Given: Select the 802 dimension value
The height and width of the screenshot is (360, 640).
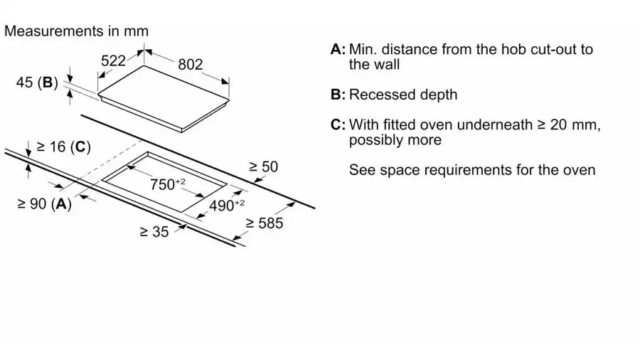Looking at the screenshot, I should coord(190,64).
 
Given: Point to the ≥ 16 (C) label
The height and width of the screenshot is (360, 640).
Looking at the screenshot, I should coord(63,147).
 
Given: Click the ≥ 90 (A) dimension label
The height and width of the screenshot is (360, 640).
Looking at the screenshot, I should coord(45,204).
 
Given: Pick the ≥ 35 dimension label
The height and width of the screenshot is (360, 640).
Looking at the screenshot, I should coord(154,231).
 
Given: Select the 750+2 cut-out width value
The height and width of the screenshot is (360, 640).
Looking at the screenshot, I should coord(167,185).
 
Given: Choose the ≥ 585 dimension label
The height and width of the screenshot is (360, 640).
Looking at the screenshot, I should coord(264,223).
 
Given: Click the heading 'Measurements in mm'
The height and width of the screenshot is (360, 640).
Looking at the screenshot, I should coord(77,31).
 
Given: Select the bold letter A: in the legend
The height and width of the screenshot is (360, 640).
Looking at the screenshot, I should coord(338,50).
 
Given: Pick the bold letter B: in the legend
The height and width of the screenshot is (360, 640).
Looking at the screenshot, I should coord(338,95).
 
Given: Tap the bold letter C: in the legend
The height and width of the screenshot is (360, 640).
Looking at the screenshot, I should coord(338,125).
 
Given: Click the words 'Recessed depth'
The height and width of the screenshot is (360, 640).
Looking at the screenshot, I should coord(403,95).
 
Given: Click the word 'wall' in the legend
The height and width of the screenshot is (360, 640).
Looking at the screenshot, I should coord(387,65).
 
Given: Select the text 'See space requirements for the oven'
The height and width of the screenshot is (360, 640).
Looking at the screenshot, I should coord(472,171).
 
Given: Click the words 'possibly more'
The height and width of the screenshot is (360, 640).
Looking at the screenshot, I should coord(395,140).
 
